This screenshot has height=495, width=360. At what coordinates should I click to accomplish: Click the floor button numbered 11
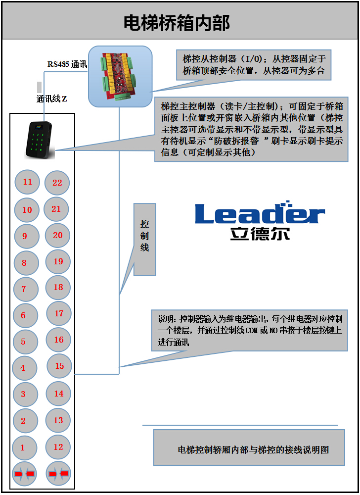pos(27,182)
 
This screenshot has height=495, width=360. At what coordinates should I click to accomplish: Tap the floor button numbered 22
pos(57,183)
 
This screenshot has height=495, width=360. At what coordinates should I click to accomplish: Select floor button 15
pos(59,366)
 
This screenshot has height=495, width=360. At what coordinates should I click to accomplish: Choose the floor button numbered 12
pos(58,447)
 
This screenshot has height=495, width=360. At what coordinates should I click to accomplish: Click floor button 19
pos(58,261)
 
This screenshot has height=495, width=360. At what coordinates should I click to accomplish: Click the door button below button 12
pos(58,474)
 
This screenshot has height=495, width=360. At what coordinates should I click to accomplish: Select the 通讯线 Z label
pos(51,99)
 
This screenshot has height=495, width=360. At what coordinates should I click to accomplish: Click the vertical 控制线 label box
pos(144,239)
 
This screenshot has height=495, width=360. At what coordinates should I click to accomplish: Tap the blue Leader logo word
pos(260,214)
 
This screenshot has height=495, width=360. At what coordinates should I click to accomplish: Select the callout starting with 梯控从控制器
pos(254,65)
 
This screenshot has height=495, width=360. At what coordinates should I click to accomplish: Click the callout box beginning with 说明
pos(249,330)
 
